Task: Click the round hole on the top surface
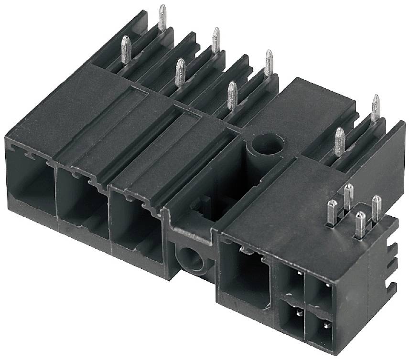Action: pos(266,145)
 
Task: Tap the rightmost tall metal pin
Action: pos(376,108)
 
